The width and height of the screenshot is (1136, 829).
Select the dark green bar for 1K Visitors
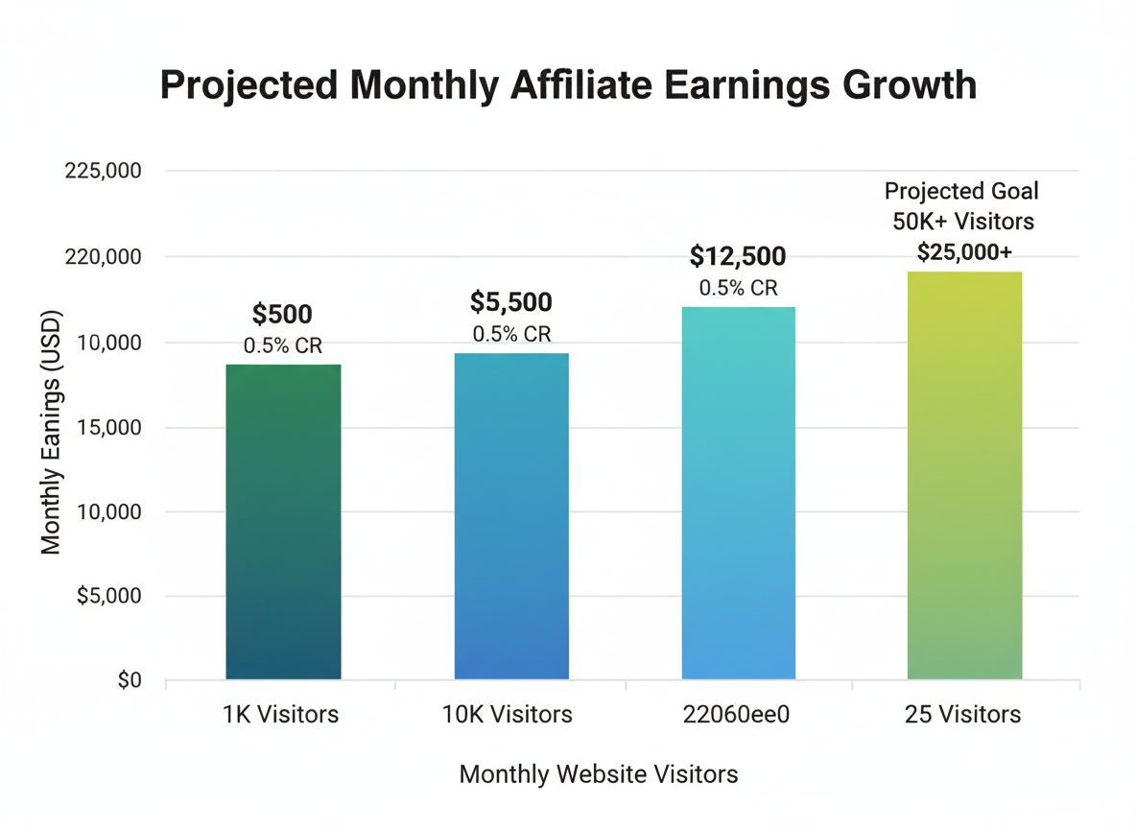(x=283, y=522)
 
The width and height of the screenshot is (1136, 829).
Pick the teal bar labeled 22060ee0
(x=738, y=493)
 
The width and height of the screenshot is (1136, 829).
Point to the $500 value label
(x=282, y=315)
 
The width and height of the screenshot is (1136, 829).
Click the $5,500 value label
(x=511, y=303)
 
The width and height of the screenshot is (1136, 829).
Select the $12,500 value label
(x=738, y=257)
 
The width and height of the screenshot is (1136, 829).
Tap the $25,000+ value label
(x=964, y=252)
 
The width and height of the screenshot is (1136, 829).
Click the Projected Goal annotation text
(x=961, y=191)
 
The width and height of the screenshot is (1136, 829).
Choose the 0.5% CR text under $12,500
(x=738, y=288)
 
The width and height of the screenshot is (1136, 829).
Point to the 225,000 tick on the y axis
(x=103, y=172)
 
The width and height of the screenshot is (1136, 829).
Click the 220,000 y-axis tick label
(x=103, y=257)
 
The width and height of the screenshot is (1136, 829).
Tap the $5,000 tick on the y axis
(x=108, y=596)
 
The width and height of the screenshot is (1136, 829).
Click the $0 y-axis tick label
(x=129, y=681)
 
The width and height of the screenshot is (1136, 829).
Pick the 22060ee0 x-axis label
(x=738, y=715)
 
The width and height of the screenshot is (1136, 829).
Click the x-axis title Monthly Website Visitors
(x=599, y=774)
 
